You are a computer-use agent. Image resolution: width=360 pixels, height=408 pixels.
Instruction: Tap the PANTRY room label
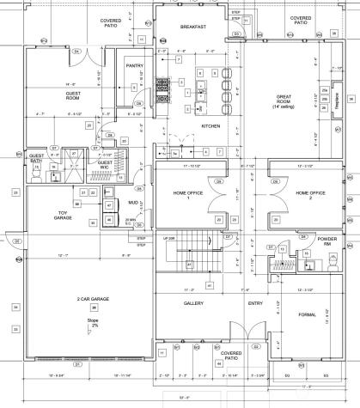point(133,65)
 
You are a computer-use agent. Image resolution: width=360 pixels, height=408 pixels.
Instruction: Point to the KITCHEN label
point(211,125)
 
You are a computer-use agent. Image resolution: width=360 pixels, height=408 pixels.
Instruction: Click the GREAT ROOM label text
point(284,99)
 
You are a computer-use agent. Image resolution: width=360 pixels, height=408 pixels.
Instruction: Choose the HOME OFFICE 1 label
point(188,195)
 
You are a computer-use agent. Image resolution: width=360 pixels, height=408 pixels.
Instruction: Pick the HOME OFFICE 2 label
point(309,195)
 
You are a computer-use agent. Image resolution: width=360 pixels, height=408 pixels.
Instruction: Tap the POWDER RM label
point(326,241)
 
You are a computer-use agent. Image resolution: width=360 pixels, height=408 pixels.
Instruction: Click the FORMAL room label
point(307,315)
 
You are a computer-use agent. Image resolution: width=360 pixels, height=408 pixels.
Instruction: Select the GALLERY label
point(192,303)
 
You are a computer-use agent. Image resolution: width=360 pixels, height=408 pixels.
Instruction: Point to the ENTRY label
point(255,303)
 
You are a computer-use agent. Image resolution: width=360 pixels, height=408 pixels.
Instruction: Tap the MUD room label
point(133,203)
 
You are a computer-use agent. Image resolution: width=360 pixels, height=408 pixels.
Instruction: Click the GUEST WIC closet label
point(106,163)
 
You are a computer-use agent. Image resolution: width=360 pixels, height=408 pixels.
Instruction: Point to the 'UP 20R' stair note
point(169,236)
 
